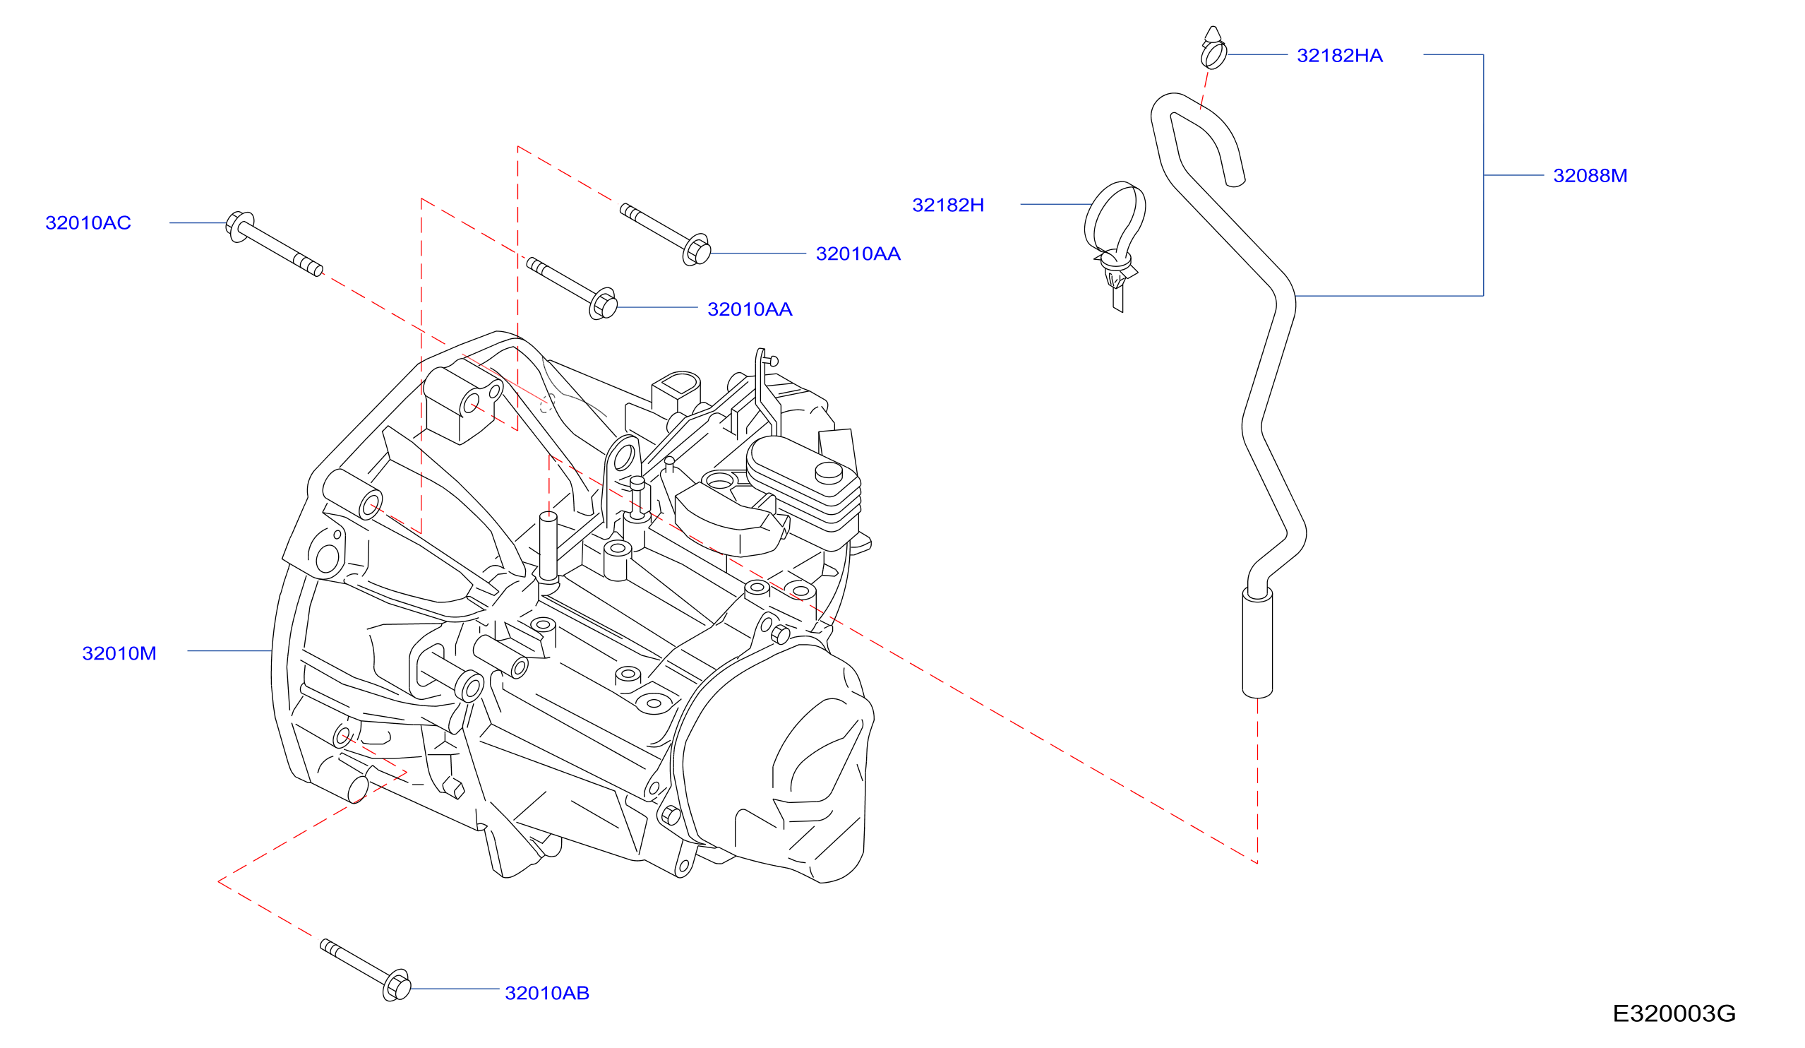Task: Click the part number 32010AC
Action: coord(88,223)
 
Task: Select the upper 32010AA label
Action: coord(858,254)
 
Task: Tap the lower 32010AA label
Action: coord(750,310)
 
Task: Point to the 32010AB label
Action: coord(547,994)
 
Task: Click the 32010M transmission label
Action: coord(119,654)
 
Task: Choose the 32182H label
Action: coord(948,206)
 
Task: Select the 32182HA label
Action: coord(1340,56)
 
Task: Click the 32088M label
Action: coord(1590,177)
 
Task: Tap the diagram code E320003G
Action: coord(1674,1014)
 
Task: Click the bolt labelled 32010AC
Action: coord(275,244)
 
